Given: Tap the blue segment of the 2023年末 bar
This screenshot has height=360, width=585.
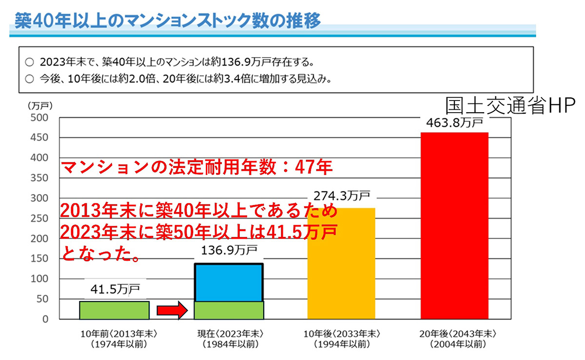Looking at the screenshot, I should coord(229,282).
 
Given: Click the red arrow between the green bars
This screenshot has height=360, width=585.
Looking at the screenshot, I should coord(172,310).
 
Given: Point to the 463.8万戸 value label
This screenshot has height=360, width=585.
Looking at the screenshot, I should coord(453,122).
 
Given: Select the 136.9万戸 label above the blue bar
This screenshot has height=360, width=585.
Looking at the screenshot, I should coord(229,252).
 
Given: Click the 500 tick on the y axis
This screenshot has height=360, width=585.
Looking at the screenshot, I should coord(39,118).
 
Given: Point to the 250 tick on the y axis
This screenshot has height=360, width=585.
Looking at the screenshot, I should coord(39,219).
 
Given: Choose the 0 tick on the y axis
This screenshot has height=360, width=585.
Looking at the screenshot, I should coord(44,320).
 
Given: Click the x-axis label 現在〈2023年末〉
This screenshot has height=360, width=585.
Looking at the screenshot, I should coord(229,334).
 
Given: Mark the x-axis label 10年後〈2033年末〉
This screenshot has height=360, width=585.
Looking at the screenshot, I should coord(341,334).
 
